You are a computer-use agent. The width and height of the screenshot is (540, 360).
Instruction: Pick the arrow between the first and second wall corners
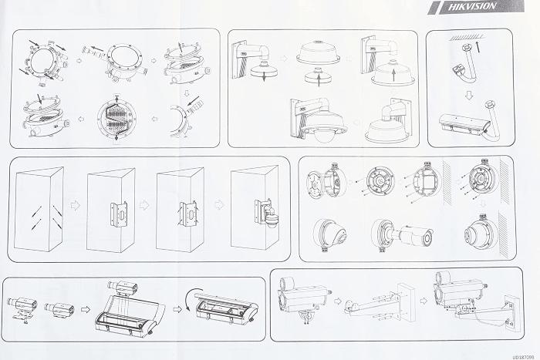click(76, 207)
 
